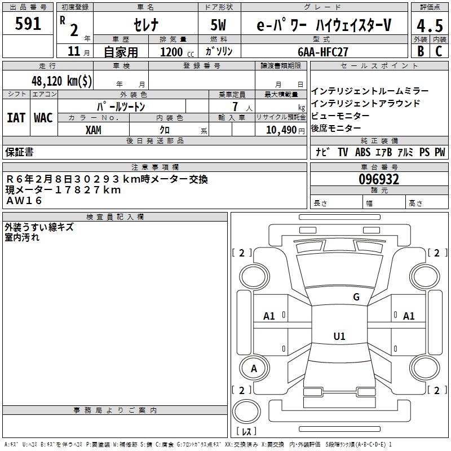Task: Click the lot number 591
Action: point(28,24)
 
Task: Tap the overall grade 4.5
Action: point(429,25)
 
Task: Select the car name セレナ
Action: point(145,25)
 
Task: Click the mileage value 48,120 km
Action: point(62,81)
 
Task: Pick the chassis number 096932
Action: point(379,179)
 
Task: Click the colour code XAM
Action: point(94,130)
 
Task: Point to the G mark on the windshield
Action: point(356,297)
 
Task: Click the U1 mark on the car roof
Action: point(339,337)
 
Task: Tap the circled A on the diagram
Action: point(254,369)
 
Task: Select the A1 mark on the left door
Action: point(269,316)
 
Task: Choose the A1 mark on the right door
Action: point(409,316)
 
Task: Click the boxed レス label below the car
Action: point(246,432)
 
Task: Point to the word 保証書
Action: point(19,152)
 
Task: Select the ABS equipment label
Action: point(362,152)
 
